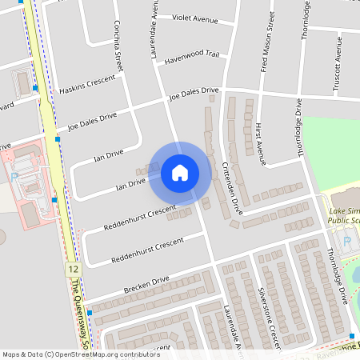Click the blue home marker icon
(x=180, y=172)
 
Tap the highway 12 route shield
(x=73, y=269)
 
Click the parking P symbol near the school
(x=346, y=241)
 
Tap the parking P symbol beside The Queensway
(x=14, y=176)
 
